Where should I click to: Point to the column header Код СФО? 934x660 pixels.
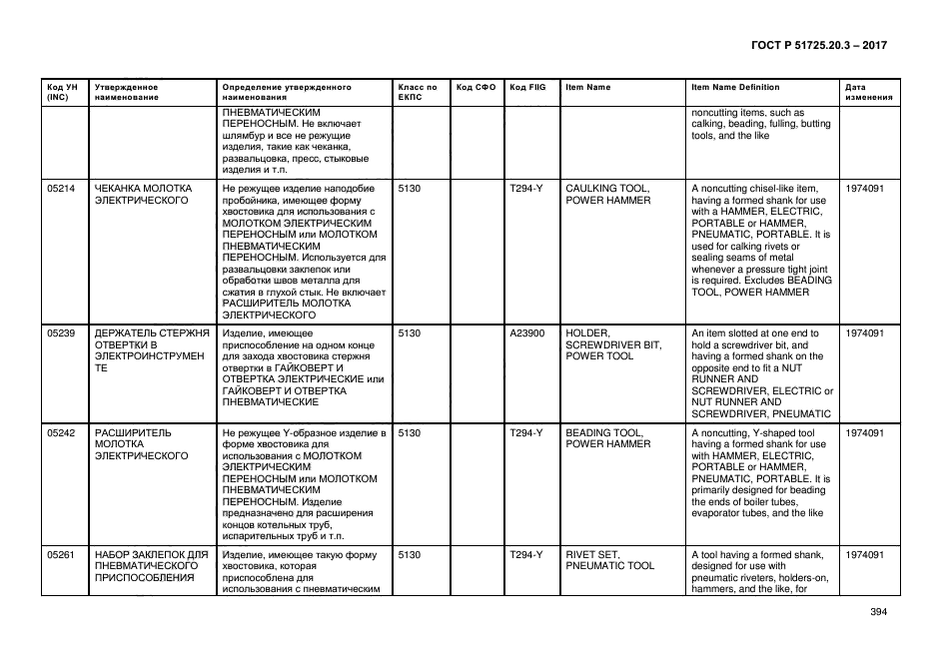click(475, 88)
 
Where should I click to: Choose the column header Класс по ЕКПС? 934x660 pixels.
click(418, 93)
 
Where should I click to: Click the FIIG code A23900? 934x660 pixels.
click(526, 333)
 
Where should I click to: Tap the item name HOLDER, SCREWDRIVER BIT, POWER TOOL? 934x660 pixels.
click(613, 344)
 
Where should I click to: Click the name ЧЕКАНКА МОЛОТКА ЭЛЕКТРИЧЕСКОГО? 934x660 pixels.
click(143, 194)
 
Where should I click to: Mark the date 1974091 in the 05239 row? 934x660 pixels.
click(865, 333)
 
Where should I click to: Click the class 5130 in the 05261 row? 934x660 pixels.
click(410, 554)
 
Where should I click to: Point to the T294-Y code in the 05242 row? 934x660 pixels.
click(525, 433)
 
